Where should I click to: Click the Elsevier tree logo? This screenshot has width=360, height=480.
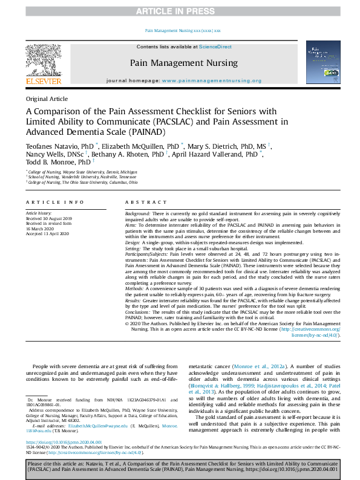43,61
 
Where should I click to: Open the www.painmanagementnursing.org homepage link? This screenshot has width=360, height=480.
212,80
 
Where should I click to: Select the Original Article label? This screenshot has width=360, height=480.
47,99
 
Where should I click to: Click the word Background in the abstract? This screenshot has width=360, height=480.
137,215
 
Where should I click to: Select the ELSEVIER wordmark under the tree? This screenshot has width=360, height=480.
43,81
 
